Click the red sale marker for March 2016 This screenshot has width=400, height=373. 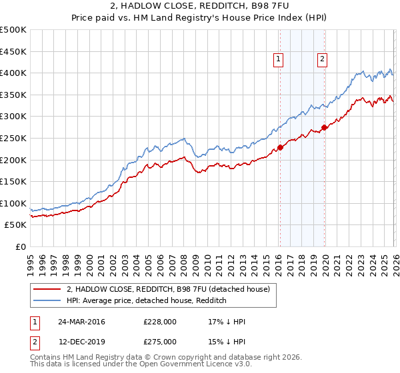coord(280,148)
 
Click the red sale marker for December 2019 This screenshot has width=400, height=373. coord(324,127)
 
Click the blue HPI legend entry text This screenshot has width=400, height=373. coord(147,301)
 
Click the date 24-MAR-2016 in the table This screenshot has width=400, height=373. coord(81,322)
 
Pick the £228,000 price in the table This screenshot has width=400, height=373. coord(160,322)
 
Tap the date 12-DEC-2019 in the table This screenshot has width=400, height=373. coord(81,342)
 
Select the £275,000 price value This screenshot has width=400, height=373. coord(160,342)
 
